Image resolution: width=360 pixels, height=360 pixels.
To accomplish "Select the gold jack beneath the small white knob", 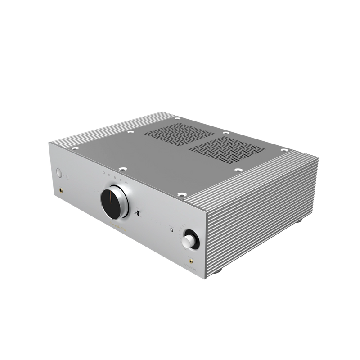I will click(193, 259).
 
